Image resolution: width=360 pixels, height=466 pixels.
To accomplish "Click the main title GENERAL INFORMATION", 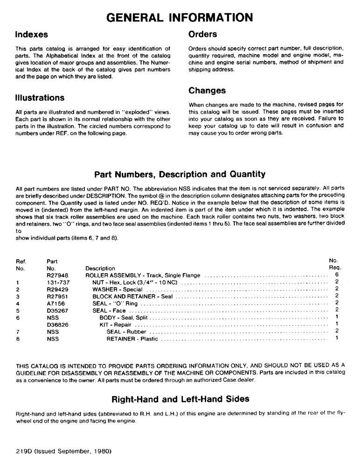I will [x=180, y=17].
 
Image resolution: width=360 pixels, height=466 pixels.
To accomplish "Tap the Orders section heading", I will [x=202, y=34].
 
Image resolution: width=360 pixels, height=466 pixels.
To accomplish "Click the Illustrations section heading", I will [x=40, y=98].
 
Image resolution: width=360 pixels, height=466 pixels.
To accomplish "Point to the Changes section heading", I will [x=207, y=90].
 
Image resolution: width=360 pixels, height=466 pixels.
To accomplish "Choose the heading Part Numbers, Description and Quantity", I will [x=180, y=174].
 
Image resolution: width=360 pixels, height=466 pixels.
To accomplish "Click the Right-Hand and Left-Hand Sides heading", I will [x=180, y=399].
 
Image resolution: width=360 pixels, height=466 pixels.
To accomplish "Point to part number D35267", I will [x=56, y=310].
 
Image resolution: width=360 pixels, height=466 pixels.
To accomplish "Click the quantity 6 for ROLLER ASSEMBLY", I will [x=336, y=275].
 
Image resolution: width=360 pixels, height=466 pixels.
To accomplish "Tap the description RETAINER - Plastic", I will [x=132, y=339].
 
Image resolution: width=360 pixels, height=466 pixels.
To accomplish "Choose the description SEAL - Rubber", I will [x=126, y=331].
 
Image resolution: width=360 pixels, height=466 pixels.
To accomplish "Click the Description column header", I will [x=100, y=268].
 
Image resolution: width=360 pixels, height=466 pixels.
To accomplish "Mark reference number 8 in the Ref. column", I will [x=17, y=339].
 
